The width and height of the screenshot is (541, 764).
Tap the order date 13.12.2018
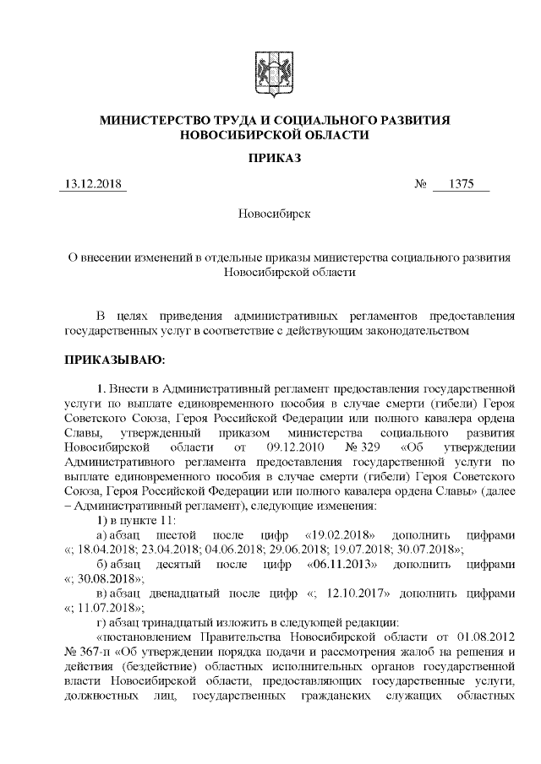coord(92,185)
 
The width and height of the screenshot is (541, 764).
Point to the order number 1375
coord(462,185)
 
